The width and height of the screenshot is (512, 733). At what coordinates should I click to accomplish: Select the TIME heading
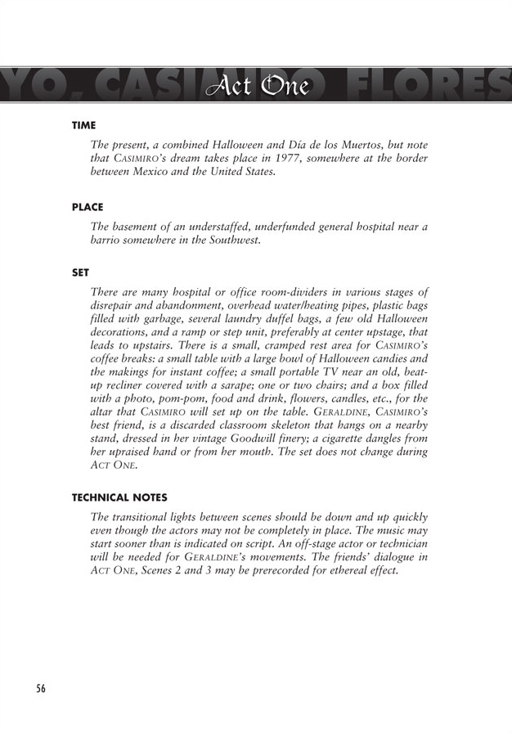[83, 125]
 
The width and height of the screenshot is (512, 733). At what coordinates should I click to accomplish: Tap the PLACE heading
[87, 208]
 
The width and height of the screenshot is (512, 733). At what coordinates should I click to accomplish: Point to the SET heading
[80, 274]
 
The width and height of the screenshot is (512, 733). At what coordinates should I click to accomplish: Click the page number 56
[40, 688]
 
